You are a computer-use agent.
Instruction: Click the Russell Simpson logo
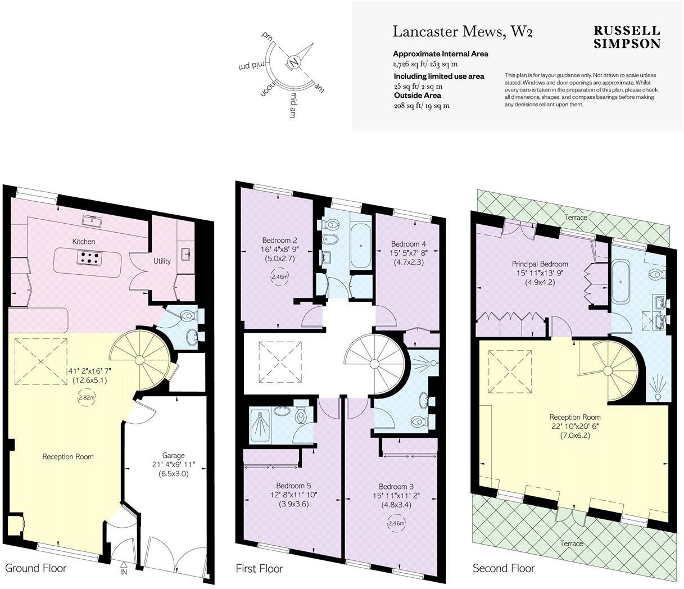click(x=627, y=37)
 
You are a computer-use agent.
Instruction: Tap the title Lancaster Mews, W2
click(x=462, y=31)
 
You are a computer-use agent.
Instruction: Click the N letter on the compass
click(x=293, y=62)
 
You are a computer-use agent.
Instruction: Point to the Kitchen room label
click(x=84, y=242)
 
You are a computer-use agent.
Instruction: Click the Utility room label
click(x=162, y=261)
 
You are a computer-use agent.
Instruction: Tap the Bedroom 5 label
click(x=293, y=486)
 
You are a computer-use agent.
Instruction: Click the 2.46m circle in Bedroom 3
click(x=396, y=524)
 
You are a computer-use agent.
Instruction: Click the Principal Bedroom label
click(x=540, y=264)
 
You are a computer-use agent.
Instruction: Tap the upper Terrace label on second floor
click(x=576, y=218)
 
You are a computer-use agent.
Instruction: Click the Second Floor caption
click(x=503, y=568)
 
